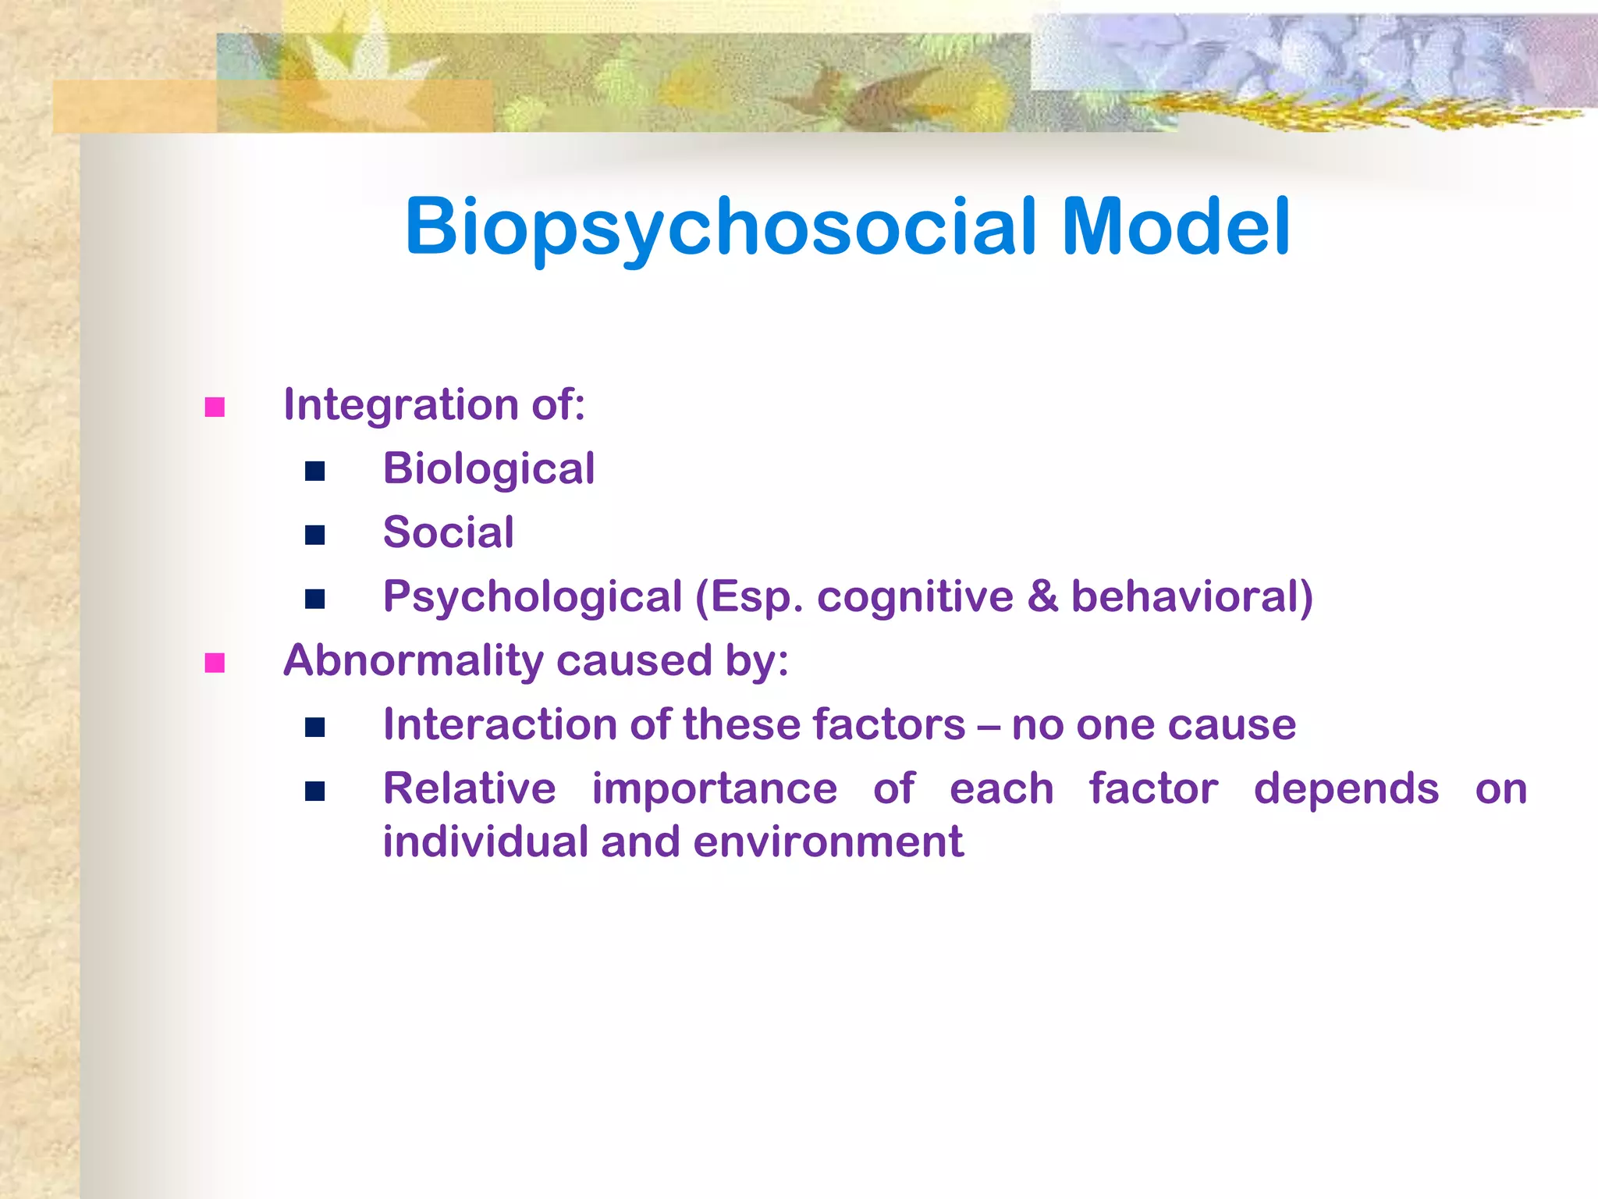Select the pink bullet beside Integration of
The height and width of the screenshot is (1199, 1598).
(x=215, y=407)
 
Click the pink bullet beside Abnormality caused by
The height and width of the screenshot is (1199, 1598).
(x=215, y=664)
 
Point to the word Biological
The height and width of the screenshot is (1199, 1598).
(x=488, y=469)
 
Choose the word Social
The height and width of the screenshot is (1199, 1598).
(x=448, y=533)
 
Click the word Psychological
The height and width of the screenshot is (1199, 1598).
(x=532, y=597)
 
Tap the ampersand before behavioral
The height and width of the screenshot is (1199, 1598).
(x=1042, y=597)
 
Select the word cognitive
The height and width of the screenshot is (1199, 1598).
(x=914, y=597)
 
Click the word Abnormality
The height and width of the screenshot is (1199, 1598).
(x=413, y=661)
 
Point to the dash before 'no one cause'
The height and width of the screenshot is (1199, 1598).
(x=988, y=726)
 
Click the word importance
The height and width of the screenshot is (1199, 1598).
(x=714, y=788)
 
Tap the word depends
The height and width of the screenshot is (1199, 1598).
(x=1346, y=788)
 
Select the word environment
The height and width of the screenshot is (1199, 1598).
(x=828, y=841)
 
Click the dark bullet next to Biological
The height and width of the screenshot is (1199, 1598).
(x=315, y=471)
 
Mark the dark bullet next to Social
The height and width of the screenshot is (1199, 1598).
(x=315, y=535)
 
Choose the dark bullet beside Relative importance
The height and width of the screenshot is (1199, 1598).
(x=315, y=792)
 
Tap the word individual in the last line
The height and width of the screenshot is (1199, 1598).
(x=485, y=841)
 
